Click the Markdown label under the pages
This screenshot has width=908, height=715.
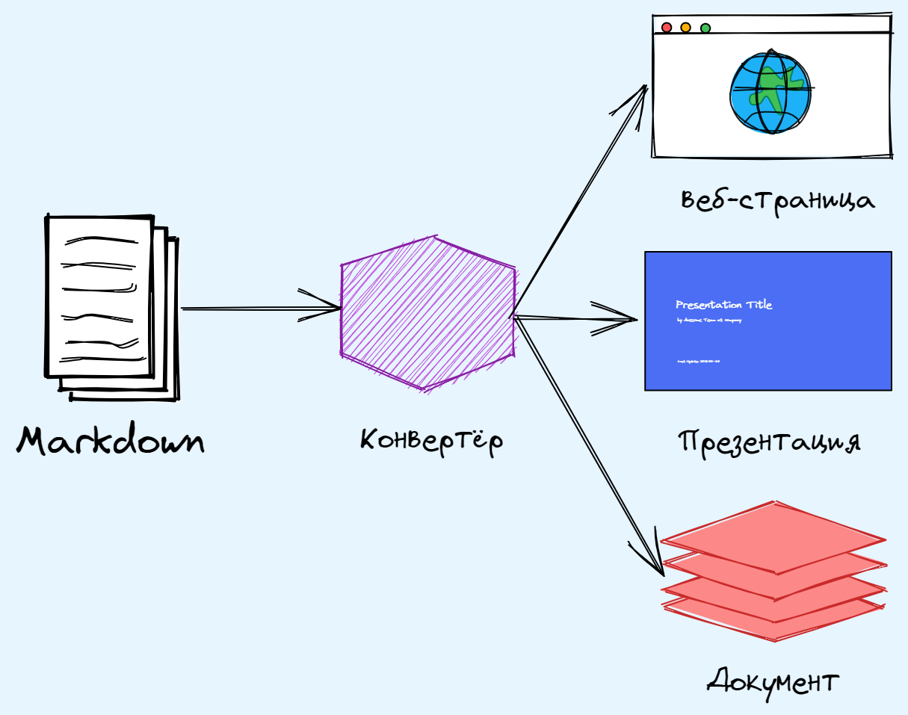click(111, 441)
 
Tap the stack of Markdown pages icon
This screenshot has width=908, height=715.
click(111, 306)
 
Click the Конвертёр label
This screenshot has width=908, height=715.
click(432, 439)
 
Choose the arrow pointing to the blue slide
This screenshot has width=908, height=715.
click(575, 319)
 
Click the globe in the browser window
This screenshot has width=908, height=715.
click(770, 91)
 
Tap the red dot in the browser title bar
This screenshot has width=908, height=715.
click(667, 28)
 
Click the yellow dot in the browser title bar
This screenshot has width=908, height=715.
click(686, 28)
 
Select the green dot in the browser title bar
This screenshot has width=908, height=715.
click(705, 28)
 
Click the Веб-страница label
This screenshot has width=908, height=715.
click(777, 200)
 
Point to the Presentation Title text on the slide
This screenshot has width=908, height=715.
click(724, 305)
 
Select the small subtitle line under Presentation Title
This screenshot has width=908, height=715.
click(708, 321)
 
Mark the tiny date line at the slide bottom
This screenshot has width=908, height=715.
click(698, 362)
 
